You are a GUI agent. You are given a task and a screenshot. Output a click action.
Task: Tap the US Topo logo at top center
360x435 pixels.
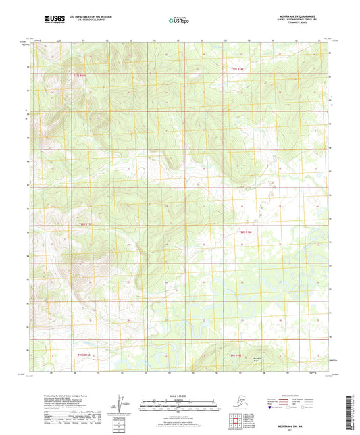click(x=177, y=20)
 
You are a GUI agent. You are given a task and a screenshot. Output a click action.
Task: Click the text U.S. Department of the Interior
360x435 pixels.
click(x=91, y=16)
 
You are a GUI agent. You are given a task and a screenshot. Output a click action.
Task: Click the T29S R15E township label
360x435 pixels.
click(x=80, y=355)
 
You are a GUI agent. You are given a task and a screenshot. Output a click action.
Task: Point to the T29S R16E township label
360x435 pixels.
click(x=234, y=355)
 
